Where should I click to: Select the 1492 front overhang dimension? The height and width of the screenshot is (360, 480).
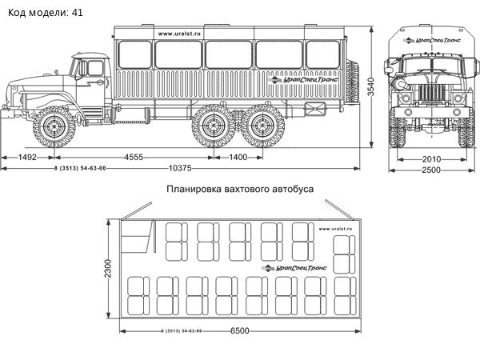click(27, 158)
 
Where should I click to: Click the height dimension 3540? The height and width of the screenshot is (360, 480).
click(371, 90)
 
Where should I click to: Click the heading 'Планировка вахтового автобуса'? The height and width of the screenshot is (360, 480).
click(240, 190)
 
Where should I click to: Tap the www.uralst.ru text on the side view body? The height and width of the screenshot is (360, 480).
click(180, 33)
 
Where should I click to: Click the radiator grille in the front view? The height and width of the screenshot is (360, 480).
click(430, 92)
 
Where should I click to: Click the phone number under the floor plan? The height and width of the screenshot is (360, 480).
click(181, 331)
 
